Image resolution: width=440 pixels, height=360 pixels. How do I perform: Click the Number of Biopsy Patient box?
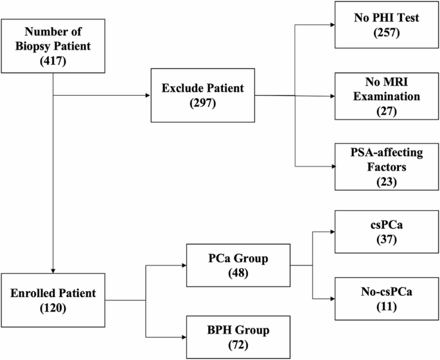point(52,46)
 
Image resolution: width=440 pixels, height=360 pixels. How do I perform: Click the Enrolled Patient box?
point(52,300)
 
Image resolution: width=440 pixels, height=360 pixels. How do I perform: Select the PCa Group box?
point(238,264)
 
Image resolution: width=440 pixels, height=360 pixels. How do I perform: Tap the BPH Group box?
point(238,336)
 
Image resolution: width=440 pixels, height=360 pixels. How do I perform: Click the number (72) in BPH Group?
point(238,344)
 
